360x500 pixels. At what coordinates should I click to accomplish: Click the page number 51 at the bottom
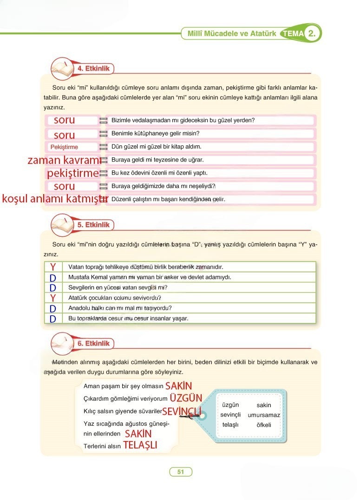click(181, 472)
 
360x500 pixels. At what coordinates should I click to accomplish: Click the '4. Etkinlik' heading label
click(93, 69)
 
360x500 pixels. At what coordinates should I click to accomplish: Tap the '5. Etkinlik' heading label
click(93, 225)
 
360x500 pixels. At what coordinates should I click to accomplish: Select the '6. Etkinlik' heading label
click(93, 344)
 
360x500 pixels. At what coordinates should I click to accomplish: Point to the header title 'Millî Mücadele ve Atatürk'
click(231, 33)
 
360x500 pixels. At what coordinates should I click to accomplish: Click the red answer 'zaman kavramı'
click(64, 161)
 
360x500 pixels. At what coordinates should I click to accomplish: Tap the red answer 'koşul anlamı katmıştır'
click(55, 199)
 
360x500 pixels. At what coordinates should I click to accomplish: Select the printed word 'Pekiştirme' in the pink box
click(64, 147)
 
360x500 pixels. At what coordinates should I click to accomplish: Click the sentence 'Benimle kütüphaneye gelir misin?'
click(155, 134)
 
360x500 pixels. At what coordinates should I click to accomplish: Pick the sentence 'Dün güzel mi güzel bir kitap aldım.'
click(157, 147)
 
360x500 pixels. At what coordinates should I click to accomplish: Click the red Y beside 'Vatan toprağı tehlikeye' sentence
click(53, 267)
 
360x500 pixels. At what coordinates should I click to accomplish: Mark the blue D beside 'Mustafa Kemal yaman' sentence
click(53, 278)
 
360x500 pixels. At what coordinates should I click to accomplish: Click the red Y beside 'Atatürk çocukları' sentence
click(53, 298)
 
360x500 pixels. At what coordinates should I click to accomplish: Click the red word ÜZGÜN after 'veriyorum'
click(186, 398)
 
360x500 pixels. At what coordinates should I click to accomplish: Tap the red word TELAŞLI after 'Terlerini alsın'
click(140, 445)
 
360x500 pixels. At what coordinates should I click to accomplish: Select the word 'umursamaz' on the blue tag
click(264, 415)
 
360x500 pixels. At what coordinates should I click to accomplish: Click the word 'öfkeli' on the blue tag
click(263, 425)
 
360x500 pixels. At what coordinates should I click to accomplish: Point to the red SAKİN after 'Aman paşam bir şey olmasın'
click(178, 386)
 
